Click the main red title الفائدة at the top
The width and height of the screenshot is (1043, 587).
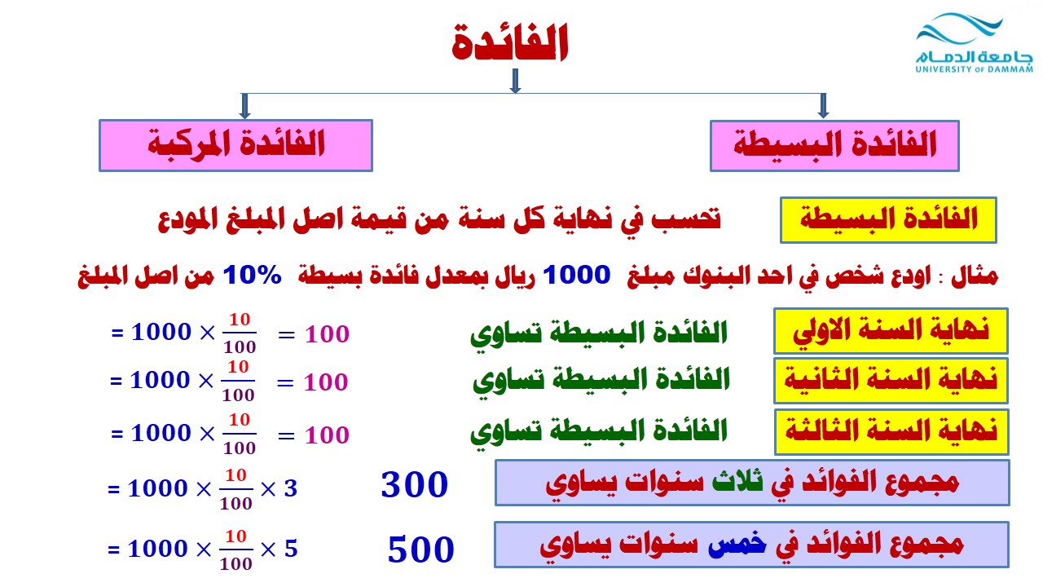coord(510,42)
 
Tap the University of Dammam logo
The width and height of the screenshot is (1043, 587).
coord(974,43)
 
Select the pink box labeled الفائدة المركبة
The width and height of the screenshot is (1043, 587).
coord(235,145)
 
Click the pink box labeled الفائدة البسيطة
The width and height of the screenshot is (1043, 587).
coord(834,146)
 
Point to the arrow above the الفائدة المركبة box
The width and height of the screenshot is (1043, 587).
coord(245,106)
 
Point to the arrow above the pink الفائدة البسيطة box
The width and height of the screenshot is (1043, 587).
coord(823,106)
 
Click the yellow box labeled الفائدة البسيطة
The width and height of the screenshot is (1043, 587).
coord(888,220)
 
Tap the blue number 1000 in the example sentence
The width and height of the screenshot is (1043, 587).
coord(576,275)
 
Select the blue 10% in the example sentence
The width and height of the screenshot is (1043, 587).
coord(253,275)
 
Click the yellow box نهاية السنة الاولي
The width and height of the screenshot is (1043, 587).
coord(891,331)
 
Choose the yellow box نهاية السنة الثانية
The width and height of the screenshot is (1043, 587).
coord(891,381)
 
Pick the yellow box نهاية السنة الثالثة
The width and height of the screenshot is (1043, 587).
coord(891,432)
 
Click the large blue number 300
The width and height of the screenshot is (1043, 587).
coord(415,485)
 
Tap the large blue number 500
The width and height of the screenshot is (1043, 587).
coord(421,549)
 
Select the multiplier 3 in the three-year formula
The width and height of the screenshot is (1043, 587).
coord(291,488)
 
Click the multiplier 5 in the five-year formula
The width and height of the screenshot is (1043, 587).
coord(291,549)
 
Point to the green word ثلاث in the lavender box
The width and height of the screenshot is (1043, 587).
coord(737,481)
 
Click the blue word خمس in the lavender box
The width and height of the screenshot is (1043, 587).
coord(737,543)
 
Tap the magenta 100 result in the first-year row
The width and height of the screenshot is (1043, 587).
coord(327,334)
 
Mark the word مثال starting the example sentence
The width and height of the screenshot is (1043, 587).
coord(975,276)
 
